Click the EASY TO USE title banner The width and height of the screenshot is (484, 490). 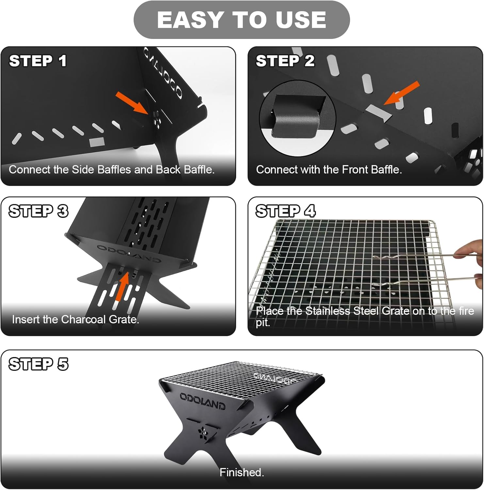tap(242, 20)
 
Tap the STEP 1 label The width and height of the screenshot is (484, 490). tap(38, 61)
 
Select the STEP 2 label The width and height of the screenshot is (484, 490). tap(285, 61)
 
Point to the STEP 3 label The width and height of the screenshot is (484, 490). tap(39, 211)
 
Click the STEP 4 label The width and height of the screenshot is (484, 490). tap(285, 211)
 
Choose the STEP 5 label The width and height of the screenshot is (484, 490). tap(39, 364)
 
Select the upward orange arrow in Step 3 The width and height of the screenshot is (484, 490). tap(123, 286)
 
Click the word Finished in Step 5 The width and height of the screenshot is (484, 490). tap(241, 472)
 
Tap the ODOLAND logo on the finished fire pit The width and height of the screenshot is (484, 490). tap(202, 401)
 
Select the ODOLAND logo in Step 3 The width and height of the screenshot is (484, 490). tap(129, 253)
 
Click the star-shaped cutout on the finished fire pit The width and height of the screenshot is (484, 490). tap(203, 433)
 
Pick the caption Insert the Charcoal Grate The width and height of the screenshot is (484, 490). tap(75, 319)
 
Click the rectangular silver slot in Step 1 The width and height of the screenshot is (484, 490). tap(97, 142)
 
